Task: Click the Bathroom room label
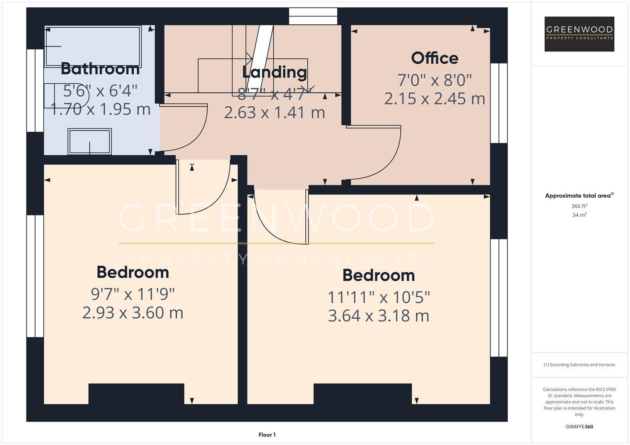100,69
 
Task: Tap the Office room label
434,58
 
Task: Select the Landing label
274,72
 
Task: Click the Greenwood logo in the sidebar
579,34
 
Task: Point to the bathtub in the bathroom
93,46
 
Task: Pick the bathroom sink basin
90,142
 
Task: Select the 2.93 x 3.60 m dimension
133,313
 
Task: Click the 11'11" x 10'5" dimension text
379,297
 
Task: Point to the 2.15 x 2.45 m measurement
434,99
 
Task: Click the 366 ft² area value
579,206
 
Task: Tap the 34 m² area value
579,215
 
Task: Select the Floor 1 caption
267,435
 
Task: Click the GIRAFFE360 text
579,426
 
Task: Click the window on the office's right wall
499,103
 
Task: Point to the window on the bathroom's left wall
35,91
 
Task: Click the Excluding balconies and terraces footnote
579,365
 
